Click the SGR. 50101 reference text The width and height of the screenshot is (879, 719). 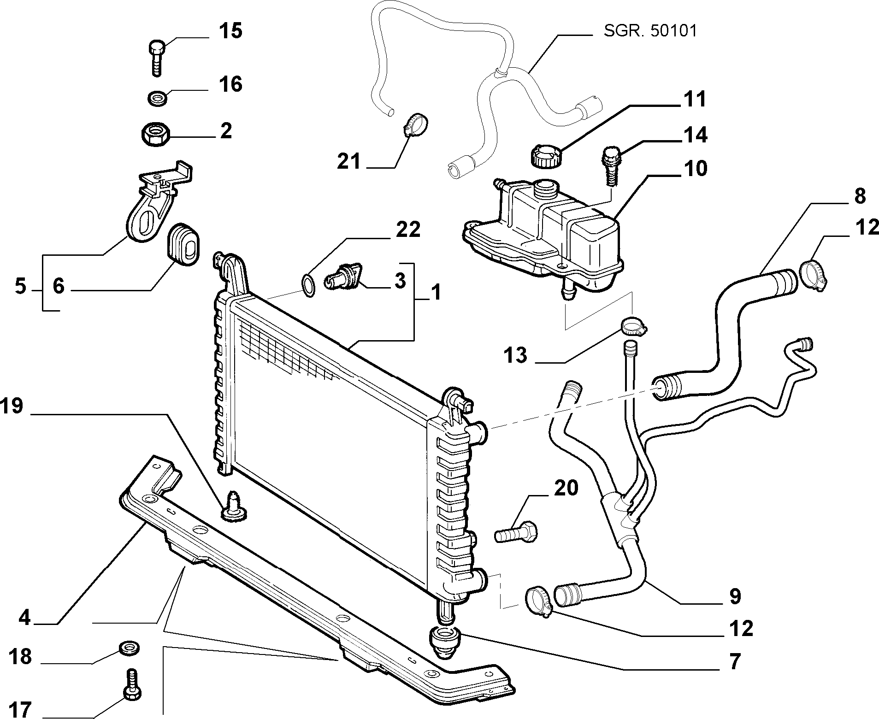(x=650, y=31)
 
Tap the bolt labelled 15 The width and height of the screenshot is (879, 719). (x=157, y=57)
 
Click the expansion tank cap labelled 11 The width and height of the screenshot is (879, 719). (x=545, y=156)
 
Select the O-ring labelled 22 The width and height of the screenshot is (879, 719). (x=308, y=283)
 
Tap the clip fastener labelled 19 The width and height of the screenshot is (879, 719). (x=235, y=507)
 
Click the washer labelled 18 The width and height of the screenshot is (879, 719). (x=130, y=647)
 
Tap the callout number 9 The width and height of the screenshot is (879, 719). (x=735, y=596)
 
